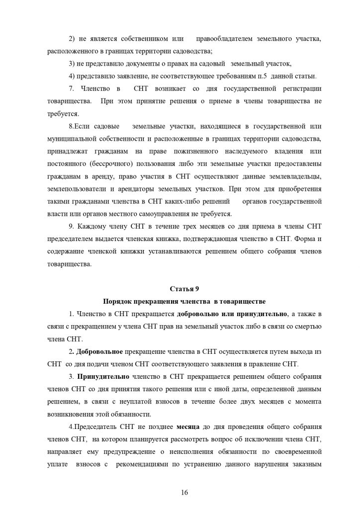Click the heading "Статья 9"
[180, 289]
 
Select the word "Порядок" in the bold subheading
[117, 301]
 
